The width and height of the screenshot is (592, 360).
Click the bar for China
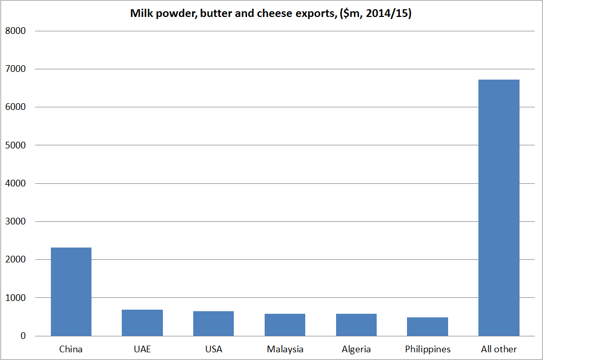(x=71, y=292)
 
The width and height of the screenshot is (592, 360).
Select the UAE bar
(x=142, y=323)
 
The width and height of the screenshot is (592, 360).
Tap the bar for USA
(x=213, y=324)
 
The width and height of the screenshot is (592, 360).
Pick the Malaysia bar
(x=285, y=325)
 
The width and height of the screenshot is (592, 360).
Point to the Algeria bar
(x=356, y=325)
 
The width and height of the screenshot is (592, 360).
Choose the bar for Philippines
(x=428, y=327)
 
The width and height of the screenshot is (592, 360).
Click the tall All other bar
(x=498, y=207)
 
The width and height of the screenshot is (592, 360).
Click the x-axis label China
(x=71, y=349)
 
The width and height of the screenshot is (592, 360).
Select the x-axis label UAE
(x=142, y=349)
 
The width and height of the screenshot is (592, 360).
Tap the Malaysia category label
(x=285, y=349)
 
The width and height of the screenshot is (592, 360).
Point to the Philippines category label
(x=428, y=349)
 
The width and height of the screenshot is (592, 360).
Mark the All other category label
(x=498, y=349)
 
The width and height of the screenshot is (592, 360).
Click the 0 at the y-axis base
(x=23, y=336)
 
